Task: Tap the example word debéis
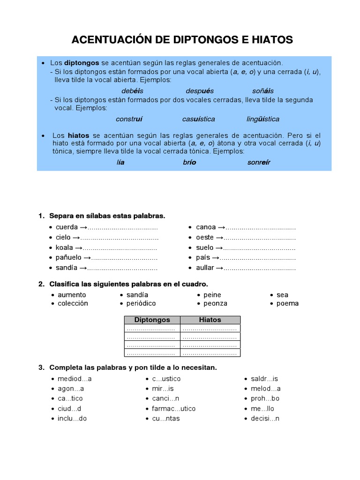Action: (x=132, y=90)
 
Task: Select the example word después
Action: (x=200, y=90)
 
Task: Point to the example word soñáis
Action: (x=263, y=90)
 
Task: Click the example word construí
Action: (x=129, y=119)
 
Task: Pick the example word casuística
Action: (x=199, y=119)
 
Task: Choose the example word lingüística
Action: (x=263, y=119)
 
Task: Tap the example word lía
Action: (x=120, y=162)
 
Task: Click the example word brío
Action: (x=189, y=162)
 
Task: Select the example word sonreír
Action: (x=259, y=162)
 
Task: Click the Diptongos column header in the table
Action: (x=152, y=320)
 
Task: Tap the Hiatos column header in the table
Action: (x=210, y=320)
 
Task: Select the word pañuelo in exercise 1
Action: (x=68, y=257)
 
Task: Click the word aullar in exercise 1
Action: (x=205, y=268)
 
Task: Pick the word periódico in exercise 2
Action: (x=141, y=303)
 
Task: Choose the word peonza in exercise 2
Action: (x=215, y=303)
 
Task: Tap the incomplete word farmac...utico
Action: (x=173, y=408)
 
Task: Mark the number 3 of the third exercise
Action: (x=41, y=367)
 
